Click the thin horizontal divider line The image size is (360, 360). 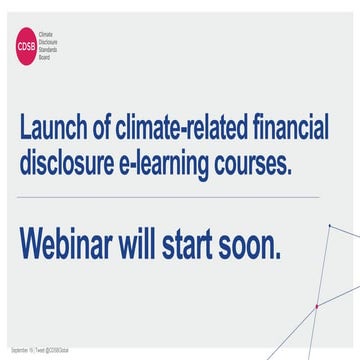click(x=180, y=198)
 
